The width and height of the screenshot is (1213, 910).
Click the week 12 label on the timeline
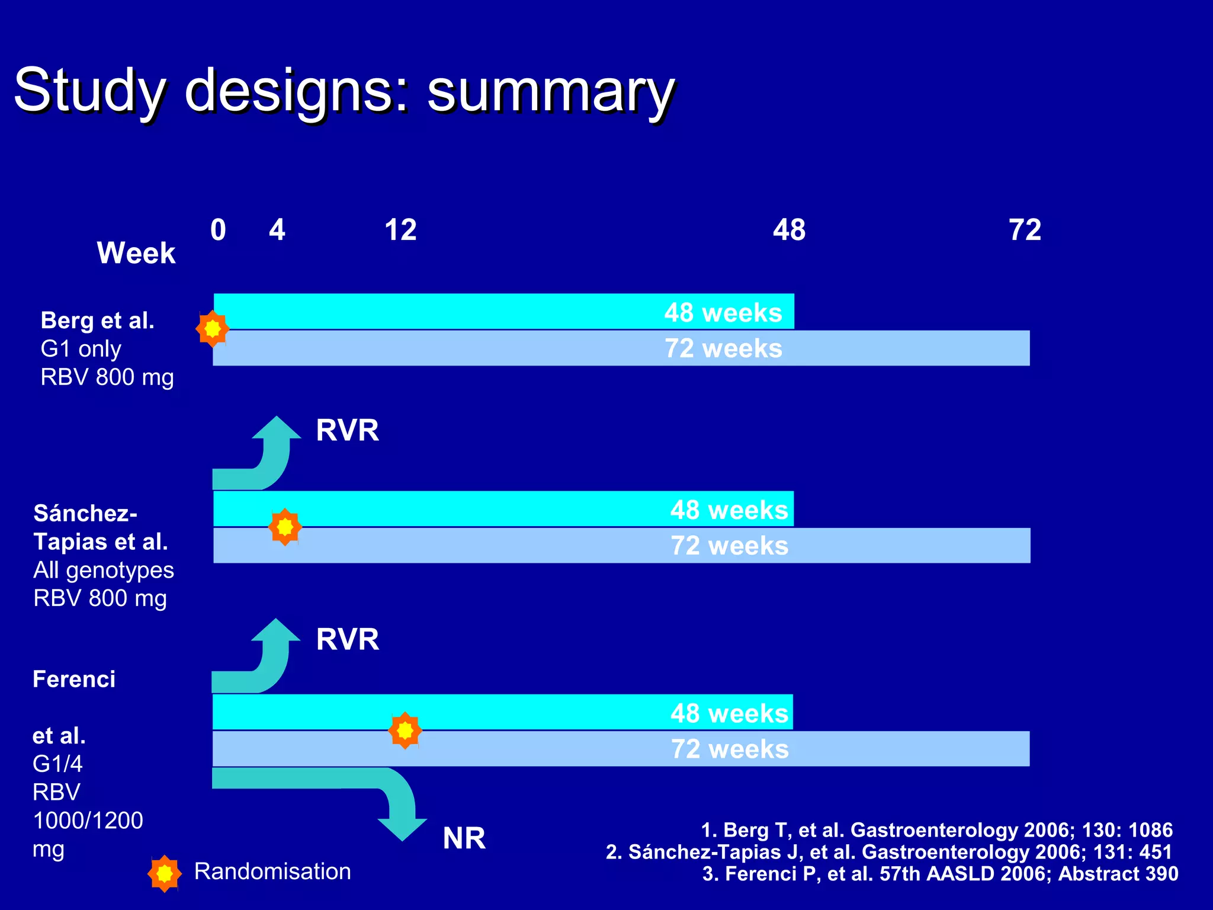point(400,230)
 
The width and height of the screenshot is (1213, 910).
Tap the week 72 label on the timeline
point(1025,230)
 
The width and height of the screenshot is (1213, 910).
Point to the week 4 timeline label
point(277,230)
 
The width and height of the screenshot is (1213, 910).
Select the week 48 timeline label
point(789,230)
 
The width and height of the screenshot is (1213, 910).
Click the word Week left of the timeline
point(136,253)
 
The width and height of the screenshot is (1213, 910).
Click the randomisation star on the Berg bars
point(212,328)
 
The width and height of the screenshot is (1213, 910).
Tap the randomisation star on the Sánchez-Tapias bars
point(285,526)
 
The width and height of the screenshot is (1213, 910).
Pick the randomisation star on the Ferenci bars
point(405,730)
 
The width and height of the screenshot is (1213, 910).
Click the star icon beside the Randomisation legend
point(165,873)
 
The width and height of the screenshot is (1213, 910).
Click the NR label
point(464,838)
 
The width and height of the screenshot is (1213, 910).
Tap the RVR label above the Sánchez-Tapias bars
point(347,430)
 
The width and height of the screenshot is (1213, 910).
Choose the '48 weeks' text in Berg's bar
point(723,312)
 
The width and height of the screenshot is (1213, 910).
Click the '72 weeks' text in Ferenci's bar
point(729,749)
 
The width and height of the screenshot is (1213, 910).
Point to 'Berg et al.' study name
point(97,321)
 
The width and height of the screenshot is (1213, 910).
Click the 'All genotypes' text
point(104,570)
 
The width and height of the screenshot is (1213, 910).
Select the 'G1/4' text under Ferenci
point(57,764)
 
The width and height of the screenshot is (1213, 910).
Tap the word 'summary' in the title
point(551,90)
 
